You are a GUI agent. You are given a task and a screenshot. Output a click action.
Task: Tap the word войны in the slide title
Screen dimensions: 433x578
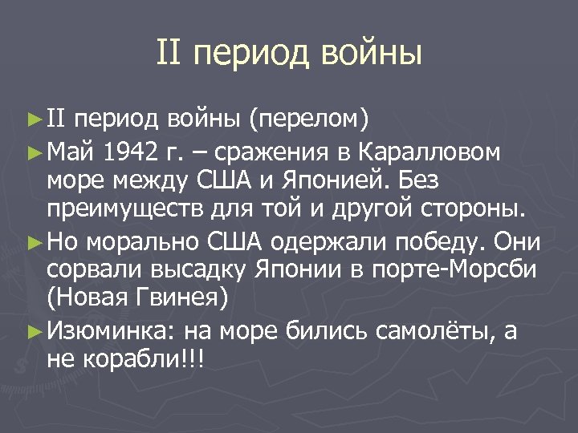pos(371,53)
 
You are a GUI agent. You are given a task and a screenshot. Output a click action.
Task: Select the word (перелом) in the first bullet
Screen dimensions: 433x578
pos(308,121)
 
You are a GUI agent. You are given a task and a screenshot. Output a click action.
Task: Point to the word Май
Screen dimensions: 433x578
pos(73,152)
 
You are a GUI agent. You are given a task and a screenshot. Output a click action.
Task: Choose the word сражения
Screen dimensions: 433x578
pos(276,152)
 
